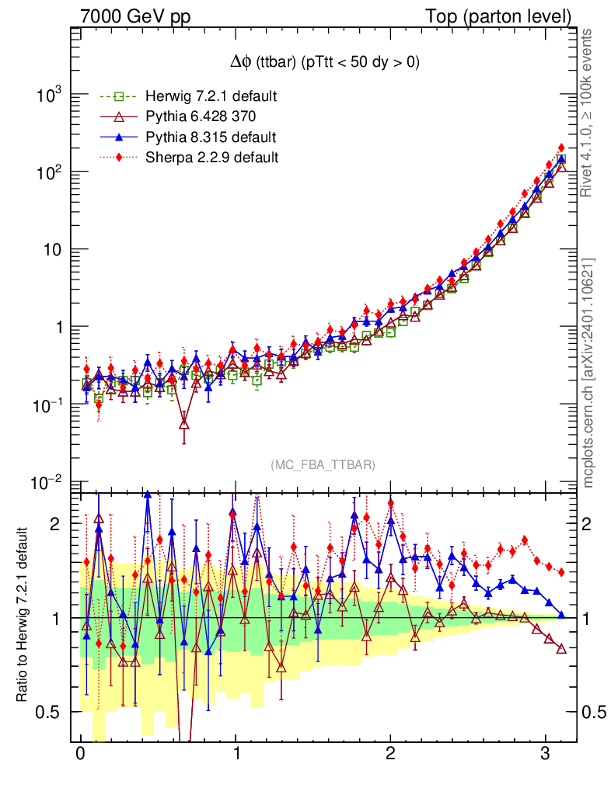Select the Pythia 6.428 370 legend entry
[x=194, y=117]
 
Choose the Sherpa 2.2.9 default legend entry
[x=201, y=158]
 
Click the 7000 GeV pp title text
[x=135, y=16]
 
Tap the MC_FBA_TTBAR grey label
[x=323, y=464]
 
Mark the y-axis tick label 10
[x=53, y=250]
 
